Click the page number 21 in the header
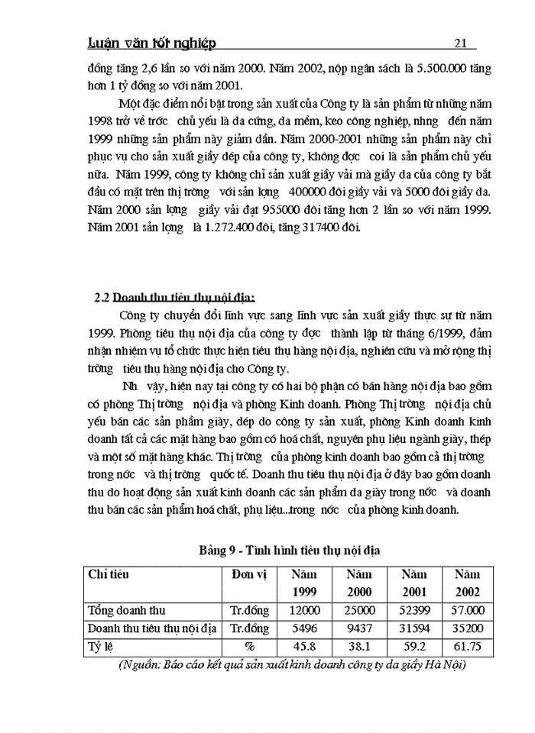tap(460, 43)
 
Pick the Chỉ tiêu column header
tap(108, 574)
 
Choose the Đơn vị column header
tap(248, 574)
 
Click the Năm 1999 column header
tap(305, 583)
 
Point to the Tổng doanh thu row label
tap(127, 611)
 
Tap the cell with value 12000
tap(305, 611)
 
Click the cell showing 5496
tap(305, 629)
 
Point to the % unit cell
tap(248, 647)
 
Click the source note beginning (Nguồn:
tap(293, 664)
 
